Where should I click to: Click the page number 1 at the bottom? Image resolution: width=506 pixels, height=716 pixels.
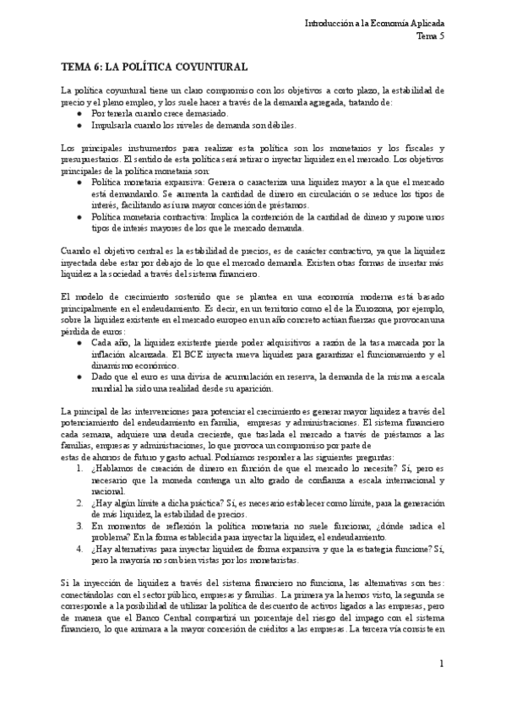[x=441, y=664]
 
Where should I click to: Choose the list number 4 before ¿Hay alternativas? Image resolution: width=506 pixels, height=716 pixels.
[x=79, y=547]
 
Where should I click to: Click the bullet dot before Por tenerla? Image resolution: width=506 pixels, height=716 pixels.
[x=79, y=111]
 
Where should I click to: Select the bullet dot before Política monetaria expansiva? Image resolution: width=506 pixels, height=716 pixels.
[x=79, y=181]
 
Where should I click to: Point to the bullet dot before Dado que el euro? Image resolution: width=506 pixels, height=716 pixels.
[x=79, y=377]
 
